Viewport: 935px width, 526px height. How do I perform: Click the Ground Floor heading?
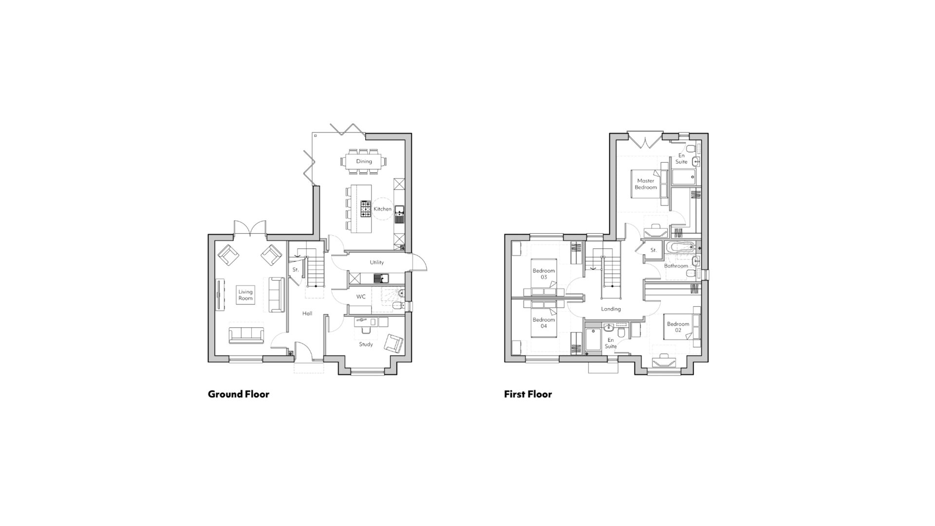(239, 394)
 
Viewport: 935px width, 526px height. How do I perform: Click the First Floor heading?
(528, 394)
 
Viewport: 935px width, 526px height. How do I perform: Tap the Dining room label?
(364, 161)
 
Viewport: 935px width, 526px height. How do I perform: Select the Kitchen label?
(382, 209)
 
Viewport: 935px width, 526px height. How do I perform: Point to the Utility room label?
(376, 263)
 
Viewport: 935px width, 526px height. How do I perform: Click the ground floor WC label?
(361, 297)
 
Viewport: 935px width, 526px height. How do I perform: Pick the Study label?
(366, 344)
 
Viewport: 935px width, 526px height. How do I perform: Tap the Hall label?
(307, 314)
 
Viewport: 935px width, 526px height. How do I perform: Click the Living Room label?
(245, 295)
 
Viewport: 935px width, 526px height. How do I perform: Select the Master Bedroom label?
(646, 184)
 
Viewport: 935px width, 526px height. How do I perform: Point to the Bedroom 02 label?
(678, 327)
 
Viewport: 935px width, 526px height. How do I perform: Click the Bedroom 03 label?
(543, 274)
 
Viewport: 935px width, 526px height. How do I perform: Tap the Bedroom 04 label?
(543, 323)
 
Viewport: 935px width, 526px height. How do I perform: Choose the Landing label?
(611, 309)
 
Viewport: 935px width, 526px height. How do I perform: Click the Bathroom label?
(676, 266)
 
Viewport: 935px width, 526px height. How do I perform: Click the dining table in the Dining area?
(364, 161)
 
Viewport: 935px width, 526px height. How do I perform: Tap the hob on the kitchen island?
(365, 208)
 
